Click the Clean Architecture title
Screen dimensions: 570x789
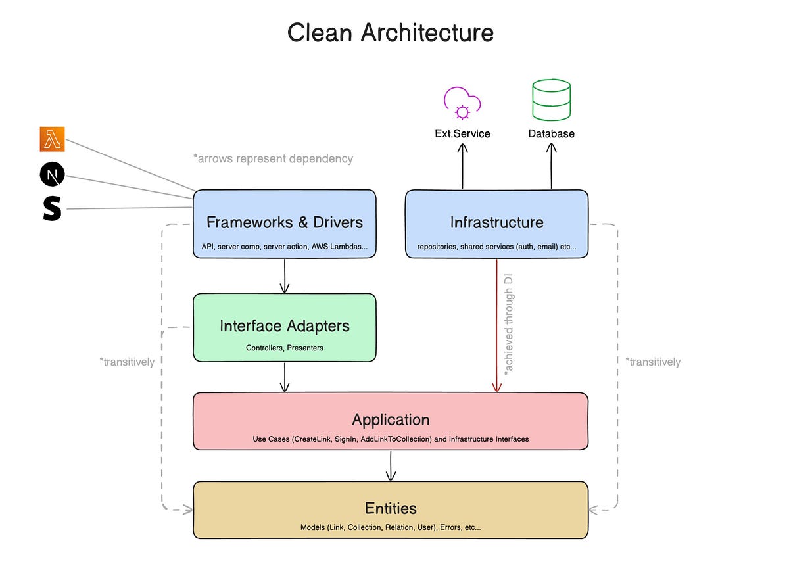391,32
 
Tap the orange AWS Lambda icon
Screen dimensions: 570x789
52,139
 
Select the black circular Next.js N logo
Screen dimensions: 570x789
52,175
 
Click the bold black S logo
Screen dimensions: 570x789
52,208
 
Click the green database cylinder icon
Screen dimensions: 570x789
551,99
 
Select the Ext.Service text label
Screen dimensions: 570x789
462,133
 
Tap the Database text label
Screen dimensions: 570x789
551,133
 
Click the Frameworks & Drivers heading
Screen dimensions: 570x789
284,222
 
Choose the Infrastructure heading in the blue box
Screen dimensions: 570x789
496,222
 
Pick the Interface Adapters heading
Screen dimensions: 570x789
284,326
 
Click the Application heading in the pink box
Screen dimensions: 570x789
391,419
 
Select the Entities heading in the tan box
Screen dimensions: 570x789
391,508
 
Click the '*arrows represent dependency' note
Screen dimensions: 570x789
272,158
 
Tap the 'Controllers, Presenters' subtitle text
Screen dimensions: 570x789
284,348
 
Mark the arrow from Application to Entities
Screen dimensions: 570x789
391,465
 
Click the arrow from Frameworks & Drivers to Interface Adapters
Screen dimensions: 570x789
284,275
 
